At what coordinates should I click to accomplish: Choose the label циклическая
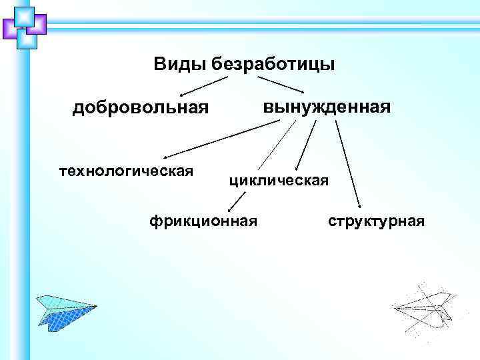[x=279, y=180]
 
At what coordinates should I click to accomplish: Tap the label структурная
[x=376, y=221]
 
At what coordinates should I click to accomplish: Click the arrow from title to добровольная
[x=204, y=85]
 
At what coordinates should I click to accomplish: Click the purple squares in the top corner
[x=25, y=27]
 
